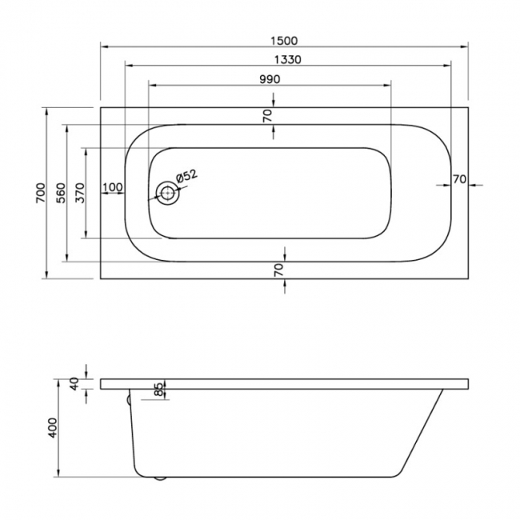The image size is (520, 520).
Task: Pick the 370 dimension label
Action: [x=78, y=192]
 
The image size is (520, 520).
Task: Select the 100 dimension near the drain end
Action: [x=113, y=187]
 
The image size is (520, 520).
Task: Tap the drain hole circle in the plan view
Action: [x=168, y=193]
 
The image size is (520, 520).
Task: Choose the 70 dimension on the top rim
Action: [x=267, y=114]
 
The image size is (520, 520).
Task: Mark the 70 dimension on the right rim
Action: [x=458, y=179]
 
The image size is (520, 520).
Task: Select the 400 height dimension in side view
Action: [x=53, y=429]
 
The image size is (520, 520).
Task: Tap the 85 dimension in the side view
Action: [x=158, y=390]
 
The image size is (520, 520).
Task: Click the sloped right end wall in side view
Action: [x=432, y=432]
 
